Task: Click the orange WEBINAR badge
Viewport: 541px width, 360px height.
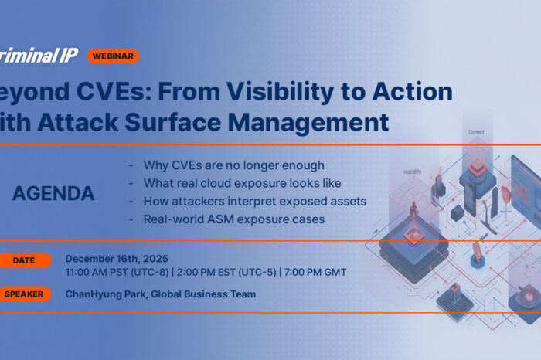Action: point(113,56)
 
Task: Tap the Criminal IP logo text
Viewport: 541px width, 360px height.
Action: point(39,55)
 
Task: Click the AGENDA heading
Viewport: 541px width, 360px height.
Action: point(53,194)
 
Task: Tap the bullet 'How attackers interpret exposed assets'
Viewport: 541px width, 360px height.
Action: point(254,201)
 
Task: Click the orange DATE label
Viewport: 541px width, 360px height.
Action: point(23,260)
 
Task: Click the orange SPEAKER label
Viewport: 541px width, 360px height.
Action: point(23,294)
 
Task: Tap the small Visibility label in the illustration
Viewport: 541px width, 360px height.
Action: point(412,172)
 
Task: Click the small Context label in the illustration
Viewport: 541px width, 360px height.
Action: point(476,132)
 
